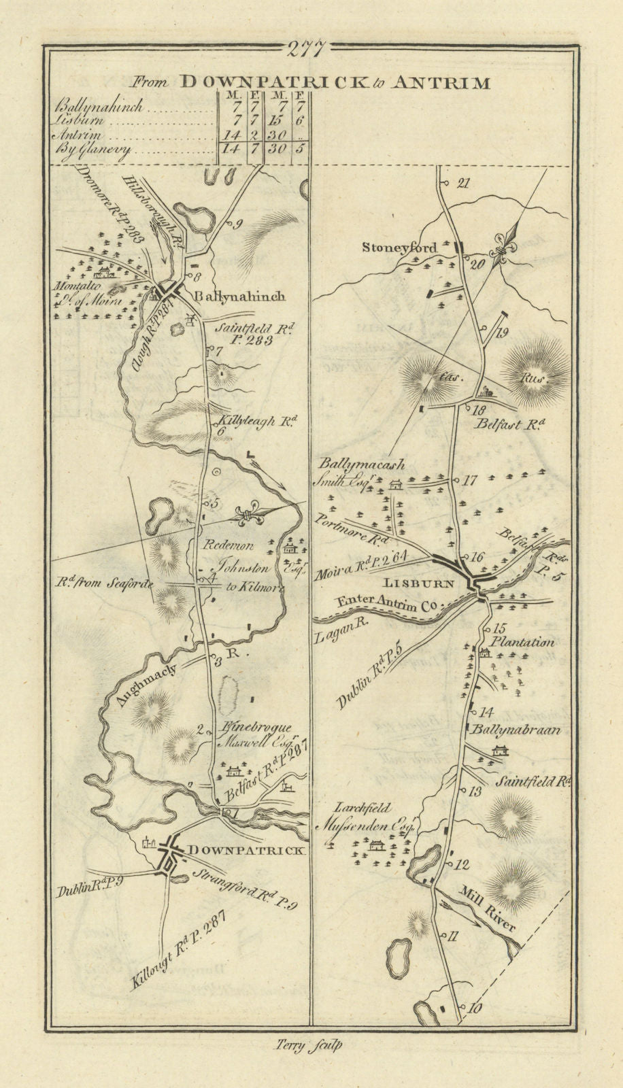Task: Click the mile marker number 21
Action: coord(465,182)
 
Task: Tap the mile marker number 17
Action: coord(469,480)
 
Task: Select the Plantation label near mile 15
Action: coord(524,641)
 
